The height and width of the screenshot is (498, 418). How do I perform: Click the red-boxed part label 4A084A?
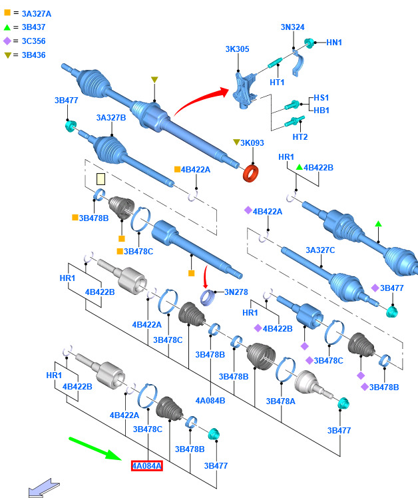(146, 465)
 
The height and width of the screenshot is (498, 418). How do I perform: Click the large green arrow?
(95, 449)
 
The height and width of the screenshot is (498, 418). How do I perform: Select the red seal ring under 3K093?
(251, 173)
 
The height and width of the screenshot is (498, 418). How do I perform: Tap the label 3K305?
(237, 49)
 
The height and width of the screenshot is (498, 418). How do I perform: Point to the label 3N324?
(293, 27)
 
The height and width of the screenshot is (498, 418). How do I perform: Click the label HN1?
(334, 42)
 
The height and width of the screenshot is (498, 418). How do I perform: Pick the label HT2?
(300, 137)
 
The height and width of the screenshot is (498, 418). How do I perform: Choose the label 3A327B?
(111, 118)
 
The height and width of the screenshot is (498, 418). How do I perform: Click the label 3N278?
(236, 292)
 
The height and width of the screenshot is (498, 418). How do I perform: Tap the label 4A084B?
(210, 401)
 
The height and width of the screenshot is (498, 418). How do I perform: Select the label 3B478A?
(280, 401)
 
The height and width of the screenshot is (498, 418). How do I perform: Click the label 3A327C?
(320, 250)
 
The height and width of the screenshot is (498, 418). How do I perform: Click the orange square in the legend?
(7, 13)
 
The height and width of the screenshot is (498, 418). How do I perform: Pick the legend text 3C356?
(34, 41)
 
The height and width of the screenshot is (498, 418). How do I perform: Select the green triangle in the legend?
(7, 28)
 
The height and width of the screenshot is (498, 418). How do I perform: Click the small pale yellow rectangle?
(101, 179)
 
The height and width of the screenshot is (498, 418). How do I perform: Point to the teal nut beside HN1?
(309, 43)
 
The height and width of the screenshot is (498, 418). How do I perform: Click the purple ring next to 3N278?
(208, 298)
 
